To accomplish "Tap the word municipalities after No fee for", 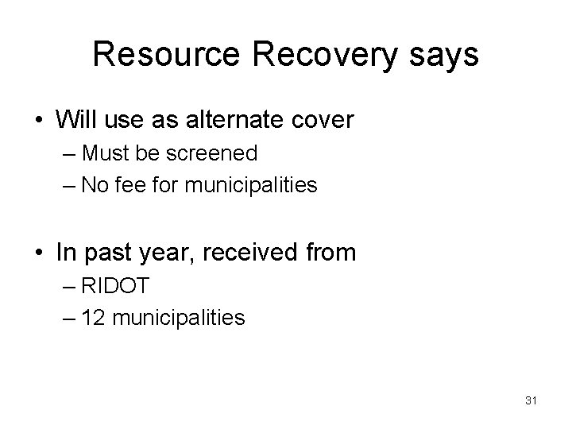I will [x=251, y=186].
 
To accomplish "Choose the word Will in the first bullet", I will [x=74, y=120].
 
